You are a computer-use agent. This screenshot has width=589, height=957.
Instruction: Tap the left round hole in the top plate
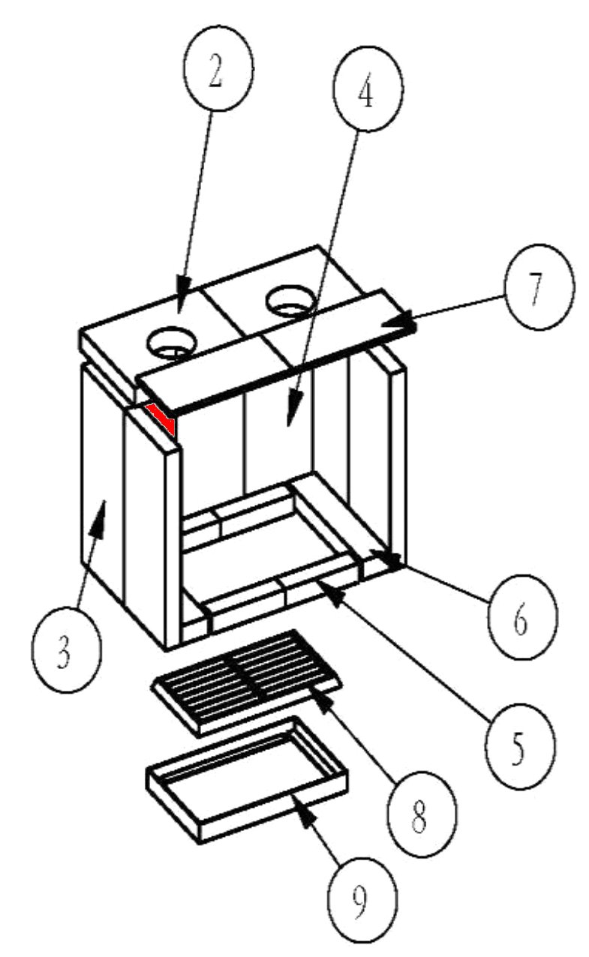tap(172, 343)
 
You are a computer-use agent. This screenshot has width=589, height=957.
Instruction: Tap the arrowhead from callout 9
tap(303, 810)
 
